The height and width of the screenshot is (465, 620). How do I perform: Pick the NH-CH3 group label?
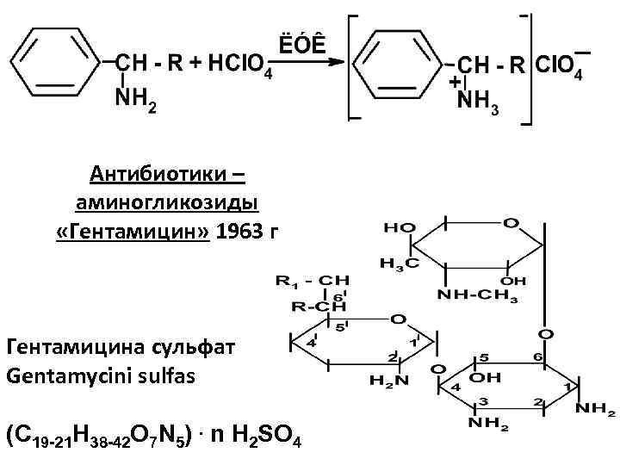[x=478, y=298]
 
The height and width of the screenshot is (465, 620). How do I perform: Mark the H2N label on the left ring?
[x=385, y=379]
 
